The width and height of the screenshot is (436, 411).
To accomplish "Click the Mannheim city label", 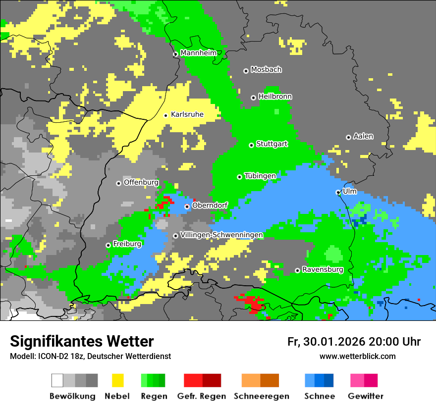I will point(198,53).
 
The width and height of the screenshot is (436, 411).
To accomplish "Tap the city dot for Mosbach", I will point(246,71).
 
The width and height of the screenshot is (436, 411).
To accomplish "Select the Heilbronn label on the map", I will point(275,97).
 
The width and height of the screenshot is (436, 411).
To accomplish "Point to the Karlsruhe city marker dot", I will point(166,115).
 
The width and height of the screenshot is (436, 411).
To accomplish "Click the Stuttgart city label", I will point(272,144).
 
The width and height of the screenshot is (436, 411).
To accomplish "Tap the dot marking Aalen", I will point(348,137).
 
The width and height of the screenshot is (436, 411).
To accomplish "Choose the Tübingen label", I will point(260,176).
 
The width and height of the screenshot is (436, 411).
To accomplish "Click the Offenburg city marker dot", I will point(118,183).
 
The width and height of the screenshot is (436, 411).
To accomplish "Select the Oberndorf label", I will point(210,205).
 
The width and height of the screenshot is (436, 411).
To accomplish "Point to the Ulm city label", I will point(349,191).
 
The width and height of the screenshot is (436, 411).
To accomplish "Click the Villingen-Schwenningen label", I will point(221,235).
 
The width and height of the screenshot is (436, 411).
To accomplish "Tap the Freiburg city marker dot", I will point(108,245).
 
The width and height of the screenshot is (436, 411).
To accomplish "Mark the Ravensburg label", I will point(323,269).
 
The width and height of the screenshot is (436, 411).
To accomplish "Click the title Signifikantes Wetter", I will point(82,341).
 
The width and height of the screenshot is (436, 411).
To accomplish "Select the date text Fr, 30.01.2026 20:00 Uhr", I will point(354,342).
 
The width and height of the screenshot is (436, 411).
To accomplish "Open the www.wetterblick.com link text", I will point(357,356).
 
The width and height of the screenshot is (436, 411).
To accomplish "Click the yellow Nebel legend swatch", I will point(117,380).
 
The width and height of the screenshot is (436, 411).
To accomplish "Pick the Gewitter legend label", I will point(365,396).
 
